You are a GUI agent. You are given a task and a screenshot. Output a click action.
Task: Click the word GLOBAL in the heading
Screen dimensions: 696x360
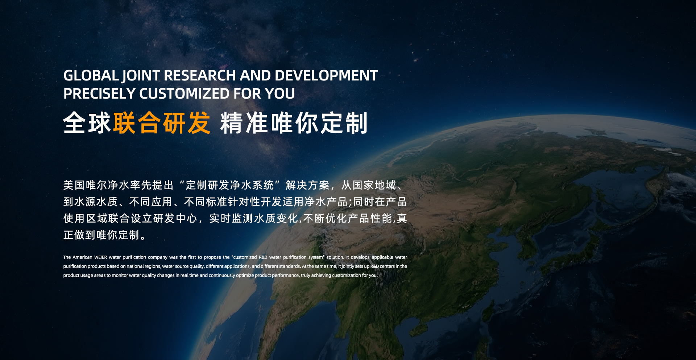91,75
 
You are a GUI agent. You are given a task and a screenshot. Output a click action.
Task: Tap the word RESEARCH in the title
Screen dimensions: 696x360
200,75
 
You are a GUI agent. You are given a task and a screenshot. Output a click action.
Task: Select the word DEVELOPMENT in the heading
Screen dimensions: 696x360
326,75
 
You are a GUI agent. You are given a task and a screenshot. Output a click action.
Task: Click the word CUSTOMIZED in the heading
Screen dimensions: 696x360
185,94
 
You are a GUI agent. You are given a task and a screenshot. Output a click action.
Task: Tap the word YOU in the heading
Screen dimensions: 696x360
280,94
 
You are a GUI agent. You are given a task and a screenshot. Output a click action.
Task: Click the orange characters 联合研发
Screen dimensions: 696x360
162,123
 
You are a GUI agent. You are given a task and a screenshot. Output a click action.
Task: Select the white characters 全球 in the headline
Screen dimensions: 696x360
87,123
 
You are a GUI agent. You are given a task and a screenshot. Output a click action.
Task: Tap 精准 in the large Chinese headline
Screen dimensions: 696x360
245,123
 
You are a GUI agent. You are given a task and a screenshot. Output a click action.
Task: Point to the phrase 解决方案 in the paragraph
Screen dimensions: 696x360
307,185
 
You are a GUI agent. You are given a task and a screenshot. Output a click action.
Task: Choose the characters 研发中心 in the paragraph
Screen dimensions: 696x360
175,218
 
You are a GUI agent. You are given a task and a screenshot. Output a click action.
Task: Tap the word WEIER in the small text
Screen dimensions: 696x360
100,257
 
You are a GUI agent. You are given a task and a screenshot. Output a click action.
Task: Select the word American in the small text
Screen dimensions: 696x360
82,257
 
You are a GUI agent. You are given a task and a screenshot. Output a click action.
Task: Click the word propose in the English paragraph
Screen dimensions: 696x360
212,257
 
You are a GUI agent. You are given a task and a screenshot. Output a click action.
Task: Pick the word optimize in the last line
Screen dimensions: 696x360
245,276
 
